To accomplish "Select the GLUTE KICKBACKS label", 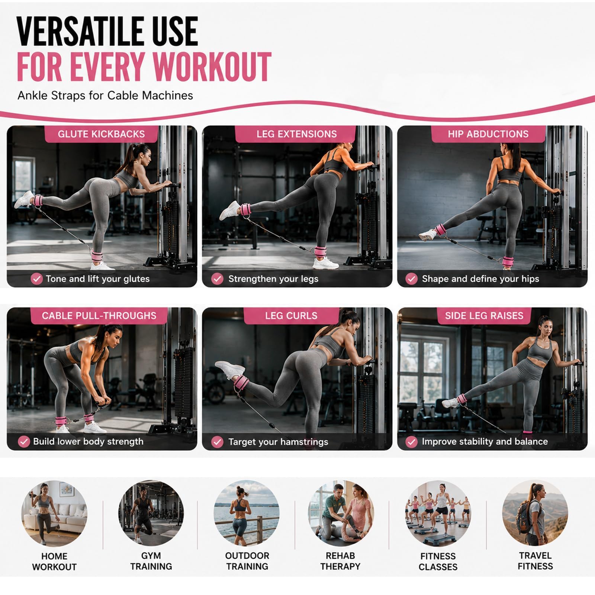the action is (x=101, y=134).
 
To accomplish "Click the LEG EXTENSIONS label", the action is (x=296, y=134).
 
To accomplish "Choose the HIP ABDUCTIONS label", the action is (x=488, y=134).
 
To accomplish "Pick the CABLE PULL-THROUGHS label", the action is (x=99, y=316).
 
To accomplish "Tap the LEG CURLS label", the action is (x=291, y=316).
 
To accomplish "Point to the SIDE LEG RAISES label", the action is (x=484, y=316).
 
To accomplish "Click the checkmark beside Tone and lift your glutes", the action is (x=36, y=279).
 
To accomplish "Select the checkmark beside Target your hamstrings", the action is (x=217, y=442).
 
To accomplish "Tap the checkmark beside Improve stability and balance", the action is (x=411, y=442).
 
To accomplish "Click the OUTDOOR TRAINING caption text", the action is (x=247, y=561).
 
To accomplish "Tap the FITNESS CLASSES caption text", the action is (x=438, y=562).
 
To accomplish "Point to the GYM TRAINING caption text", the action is (x=151, y=561).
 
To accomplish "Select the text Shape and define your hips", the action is (x=480, y=279).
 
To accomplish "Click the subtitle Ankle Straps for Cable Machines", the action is (x=105, y=96).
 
